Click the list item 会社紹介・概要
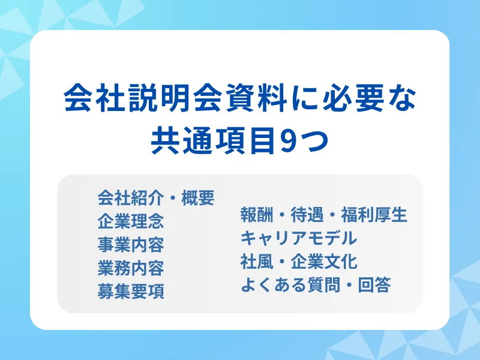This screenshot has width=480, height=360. (x=156, y=197)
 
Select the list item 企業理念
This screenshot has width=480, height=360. (x=131, y=221)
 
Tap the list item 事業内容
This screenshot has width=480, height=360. (x=131, y=244)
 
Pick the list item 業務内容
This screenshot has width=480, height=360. (x=131, y=268)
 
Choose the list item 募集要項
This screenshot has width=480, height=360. (x=131, y=291)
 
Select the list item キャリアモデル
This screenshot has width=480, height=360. (x=298, y=238)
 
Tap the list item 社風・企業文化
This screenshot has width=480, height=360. (x=298, y=262)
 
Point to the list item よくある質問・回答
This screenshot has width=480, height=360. (x=316, y=285)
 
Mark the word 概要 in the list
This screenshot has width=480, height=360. (x=197, y=197)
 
